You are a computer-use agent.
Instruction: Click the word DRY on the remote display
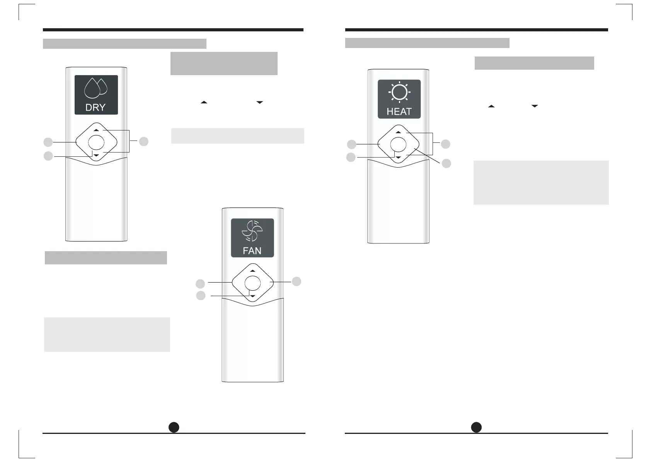pyautogui.click(x=95, y=107)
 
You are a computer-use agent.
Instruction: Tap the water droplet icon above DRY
pyautogui.click(x=95, y=89)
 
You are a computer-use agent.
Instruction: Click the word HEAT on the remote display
pyautogui.click(x=399, y=111)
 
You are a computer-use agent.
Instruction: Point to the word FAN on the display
pyautogui.click(x=252, y=251)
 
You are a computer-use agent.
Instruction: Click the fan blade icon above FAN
pyautogui.click(x=252, y=231)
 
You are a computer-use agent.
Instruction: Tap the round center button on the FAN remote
pyautogui.click(x=252, y=283)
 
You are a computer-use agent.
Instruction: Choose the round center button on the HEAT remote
pyautogui.click(x=398, y=145)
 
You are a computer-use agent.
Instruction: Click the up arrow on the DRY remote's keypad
pyautogui.click(x=96, y=130)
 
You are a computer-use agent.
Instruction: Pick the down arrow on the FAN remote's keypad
pyautogui.click(x=252, y=296)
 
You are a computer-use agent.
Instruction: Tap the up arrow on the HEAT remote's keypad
pyautogui.click(x=398, y=132)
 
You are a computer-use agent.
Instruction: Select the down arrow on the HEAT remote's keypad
pyautogui.click(x=398, y=158)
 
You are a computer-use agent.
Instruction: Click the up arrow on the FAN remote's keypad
pyautogui.click(x=252, y=271)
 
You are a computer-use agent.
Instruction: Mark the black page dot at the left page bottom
pyautogui.click(x=174, y=427)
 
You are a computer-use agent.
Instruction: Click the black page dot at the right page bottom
pyautogui.click(x=476, y=427)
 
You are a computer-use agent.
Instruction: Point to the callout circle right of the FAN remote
pyautogui.click(x=297, y=281)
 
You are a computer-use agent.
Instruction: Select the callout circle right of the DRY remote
pyautogui.click(x=143, y=141)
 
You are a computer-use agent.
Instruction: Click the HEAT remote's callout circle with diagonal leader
pyautogui.click(x=446, y=163)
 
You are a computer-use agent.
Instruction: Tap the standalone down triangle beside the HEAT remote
pyautogui.click(x=535, y=106)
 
